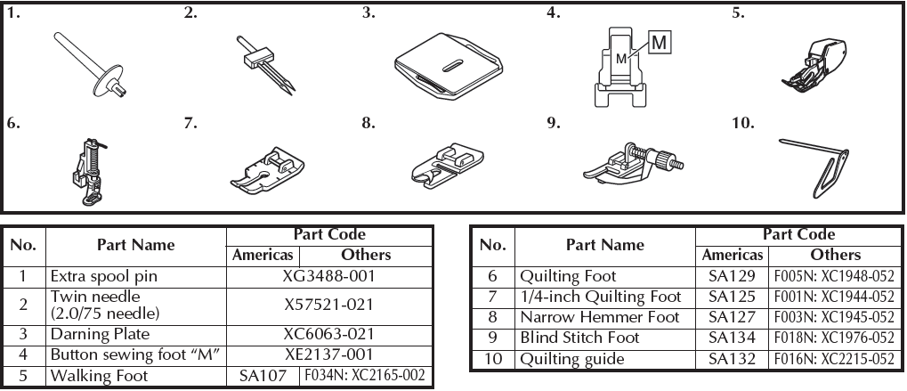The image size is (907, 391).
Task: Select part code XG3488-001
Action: tap(329, 276)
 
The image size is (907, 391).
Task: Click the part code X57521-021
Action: tap(329, 305)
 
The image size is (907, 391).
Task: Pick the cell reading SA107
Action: tap(263, 376)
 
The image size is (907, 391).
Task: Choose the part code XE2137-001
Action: tap(329, 354)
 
